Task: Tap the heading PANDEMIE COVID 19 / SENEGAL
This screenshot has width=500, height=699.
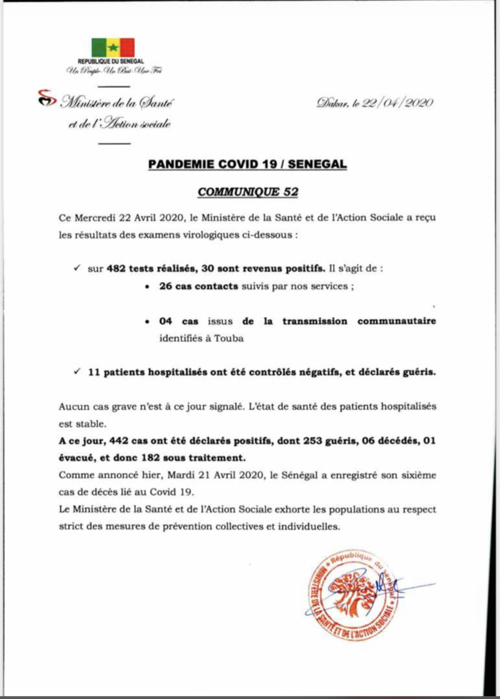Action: click(x=247, y=165)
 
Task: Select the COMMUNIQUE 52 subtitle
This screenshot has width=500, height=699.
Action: click(x=247, y=191)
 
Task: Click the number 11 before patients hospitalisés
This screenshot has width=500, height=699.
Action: click(x=95, y=372)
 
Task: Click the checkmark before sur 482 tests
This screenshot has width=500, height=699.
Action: click(x=77, y=268)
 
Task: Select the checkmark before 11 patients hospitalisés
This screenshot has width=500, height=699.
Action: click(x=77, y=372)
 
